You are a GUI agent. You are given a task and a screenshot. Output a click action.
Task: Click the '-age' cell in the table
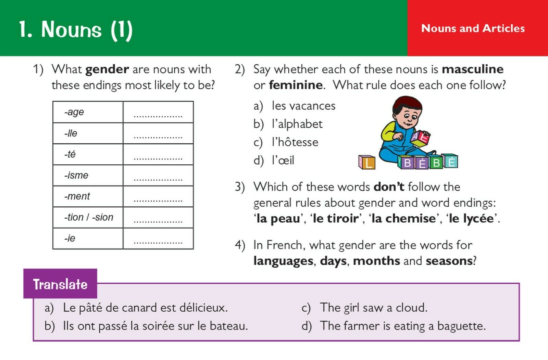tap(74, 112)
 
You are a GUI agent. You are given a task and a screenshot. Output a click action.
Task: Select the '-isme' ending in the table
tap(76, 176)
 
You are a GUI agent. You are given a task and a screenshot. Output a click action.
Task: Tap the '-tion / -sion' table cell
tap(88, 217)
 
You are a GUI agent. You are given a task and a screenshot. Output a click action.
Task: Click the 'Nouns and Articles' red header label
tap(473, 28)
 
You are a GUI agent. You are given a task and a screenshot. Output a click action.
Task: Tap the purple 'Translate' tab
tap(60, 284)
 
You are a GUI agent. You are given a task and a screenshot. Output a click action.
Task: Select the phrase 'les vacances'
tap(303, 106)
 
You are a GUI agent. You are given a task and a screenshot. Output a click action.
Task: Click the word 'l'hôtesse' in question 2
tap(295, 142)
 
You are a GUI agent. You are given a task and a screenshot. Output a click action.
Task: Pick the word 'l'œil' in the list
tap(283, 160)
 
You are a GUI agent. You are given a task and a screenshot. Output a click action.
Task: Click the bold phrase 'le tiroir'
tap(336, 218)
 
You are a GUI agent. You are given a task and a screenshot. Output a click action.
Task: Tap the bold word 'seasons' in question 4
tap(449, 261)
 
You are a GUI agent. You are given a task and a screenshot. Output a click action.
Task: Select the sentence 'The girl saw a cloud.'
tap(374, 308)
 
